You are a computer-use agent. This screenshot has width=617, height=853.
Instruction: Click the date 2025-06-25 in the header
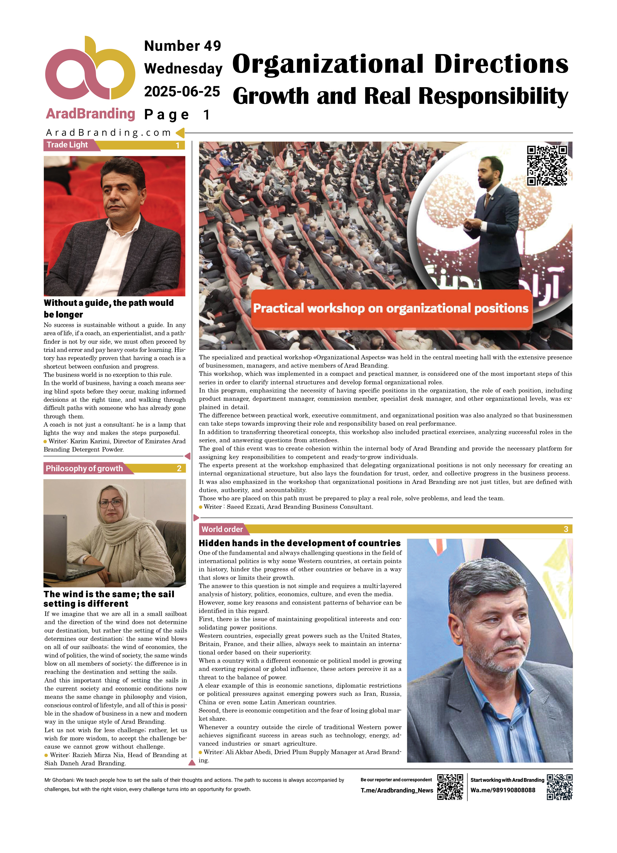(182, 91)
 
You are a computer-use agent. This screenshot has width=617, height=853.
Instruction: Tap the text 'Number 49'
(183, 46)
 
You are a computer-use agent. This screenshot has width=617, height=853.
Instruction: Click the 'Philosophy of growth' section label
(84, 468)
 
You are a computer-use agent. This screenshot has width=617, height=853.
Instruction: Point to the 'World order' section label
(222, 529)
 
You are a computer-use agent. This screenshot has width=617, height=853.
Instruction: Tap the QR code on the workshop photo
(547, 165)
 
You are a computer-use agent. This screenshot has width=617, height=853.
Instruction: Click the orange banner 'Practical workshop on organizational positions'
(391, 308)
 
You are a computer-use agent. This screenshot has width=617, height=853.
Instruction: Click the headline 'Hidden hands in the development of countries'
(300, 543)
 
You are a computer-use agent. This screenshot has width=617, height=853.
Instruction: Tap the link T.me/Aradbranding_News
(397, 790)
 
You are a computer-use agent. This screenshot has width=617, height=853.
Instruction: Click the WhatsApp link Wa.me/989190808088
(503, 790)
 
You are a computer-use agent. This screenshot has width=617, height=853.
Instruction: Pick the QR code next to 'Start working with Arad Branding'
(560, 787)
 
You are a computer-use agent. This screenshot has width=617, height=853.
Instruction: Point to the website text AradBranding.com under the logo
(108, 132)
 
